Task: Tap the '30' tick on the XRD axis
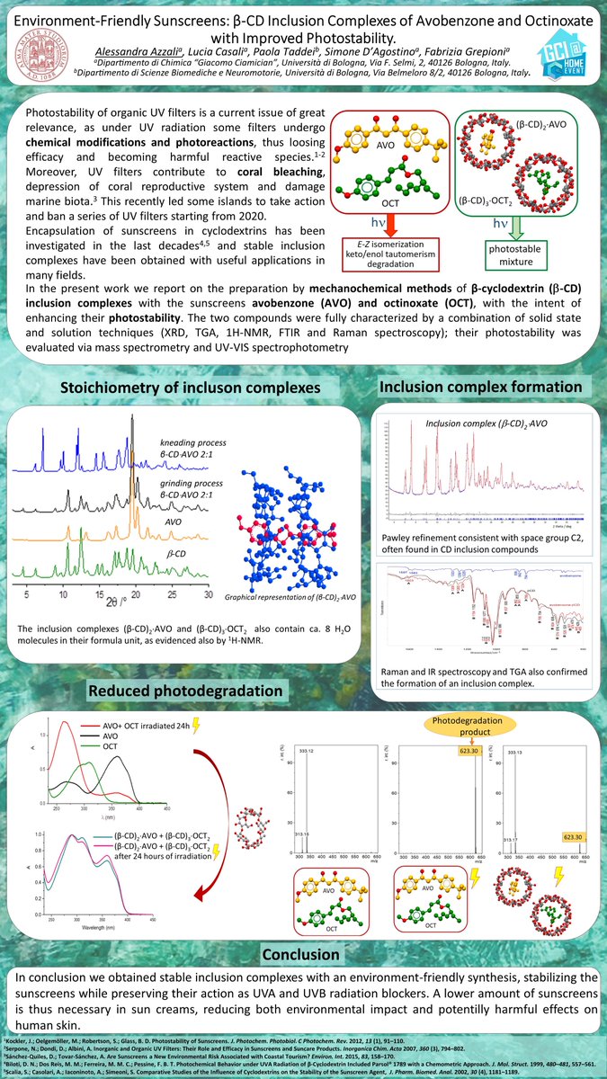(208, 595)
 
